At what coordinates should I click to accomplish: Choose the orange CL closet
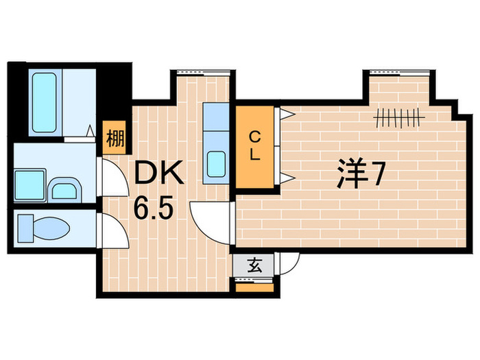[254, 146]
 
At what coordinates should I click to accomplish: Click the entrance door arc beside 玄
[289, 264]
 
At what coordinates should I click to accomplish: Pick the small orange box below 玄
[254, 287]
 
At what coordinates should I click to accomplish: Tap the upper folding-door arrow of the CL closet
[287, 113]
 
